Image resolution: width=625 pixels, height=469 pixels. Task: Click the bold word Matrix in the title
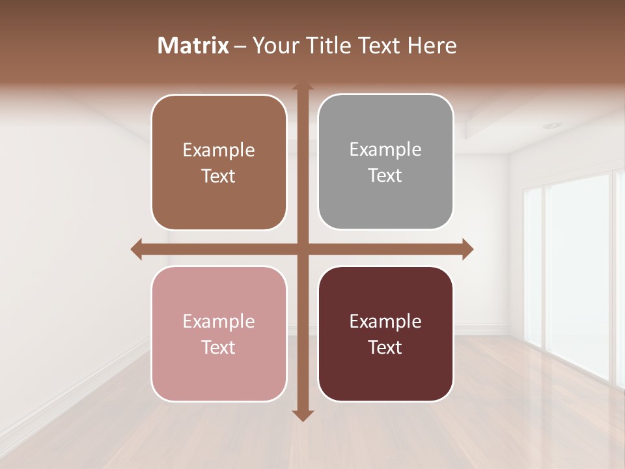pos(193,46)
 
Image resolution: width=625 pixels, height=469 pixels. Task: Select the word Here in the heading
pos(432,46)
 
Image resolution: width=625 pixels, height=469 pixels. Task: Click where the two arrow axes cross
pos(303,249)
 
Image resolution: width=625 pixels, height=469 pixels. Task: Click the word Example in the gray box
pos(385,150)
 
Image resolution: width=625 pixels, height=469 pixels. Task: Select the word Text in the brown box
pos(219,177)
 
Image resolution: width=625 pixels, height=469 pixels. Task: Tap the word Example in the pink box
pos(219,321)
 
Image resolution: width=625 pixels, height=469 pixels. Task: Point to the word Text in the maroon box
pos(385,347)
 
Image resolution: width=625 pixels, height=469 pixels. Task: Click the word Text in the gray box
pos(385,176)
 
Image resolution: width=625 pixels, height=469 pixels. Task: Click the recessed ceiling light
pos(552,125)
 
